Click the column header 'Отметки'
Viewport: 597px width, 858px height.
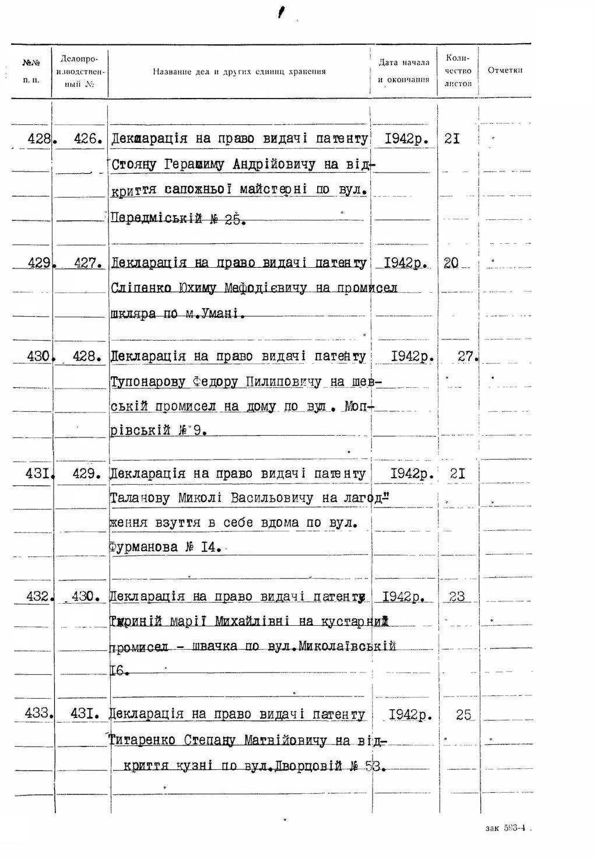pos(504,71)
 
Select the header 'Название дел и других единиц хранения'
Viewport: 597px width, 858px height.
pos(239,72)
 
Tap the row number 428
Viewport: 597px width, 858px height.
pos(40,139)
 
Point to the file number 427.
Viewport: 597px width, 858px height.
pos(88,263)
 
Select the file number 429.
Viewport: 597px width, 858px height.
pos(87,474)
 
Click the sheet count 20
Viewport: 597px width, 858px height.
pos(451,263)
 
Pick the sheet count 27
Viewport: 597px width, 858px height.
pos(467,356)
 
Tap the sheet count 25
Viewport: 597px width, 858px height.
pos(463,715)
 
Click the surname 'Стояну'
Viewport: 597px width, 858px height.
pos(134,164)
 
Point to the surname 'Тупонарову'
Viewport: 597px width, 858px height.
pos(146,382)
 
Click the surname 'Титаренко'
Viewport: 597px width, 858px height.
pos(142,740)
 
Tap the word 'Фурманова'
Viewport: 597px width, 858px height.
pos(143,547)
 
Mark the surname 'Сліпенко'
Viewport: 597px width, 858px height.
pos(141,288)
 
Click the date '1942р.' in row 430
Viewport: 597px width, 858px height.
pos(412,356)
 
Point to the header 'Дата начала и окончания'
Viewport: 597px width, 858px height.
pos(403,71)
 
